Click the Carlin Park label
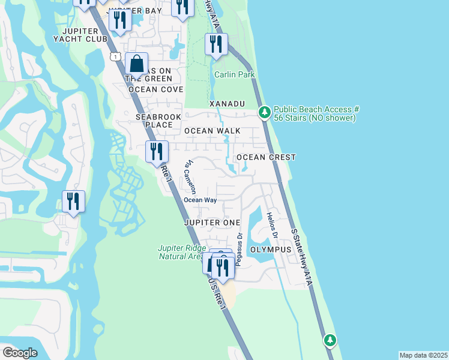click(x=235, y=74)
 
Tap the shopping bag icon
click(x=136, y=64)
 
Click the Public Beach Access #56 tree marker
click(x=264, y=112)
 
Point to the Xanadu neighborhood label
click(x=227, y=104)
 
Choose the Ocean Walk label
click(x=212, y=130)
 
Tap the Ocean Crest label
click(x=266, y=157)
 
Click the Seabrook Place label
click(x=154, y=121)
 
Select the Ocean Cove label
click(x=155, y=89)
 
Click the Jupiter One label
click(x=212, y=223)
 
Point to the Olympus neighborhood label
click(x=271, y=249)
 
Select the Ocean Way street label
click(x=200, y=200)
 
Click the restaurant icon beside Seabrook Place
click(x=156, y=152)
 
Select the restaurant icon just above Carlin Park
click(x=216, y=44)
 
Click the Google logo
click(x=20, y=353)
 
